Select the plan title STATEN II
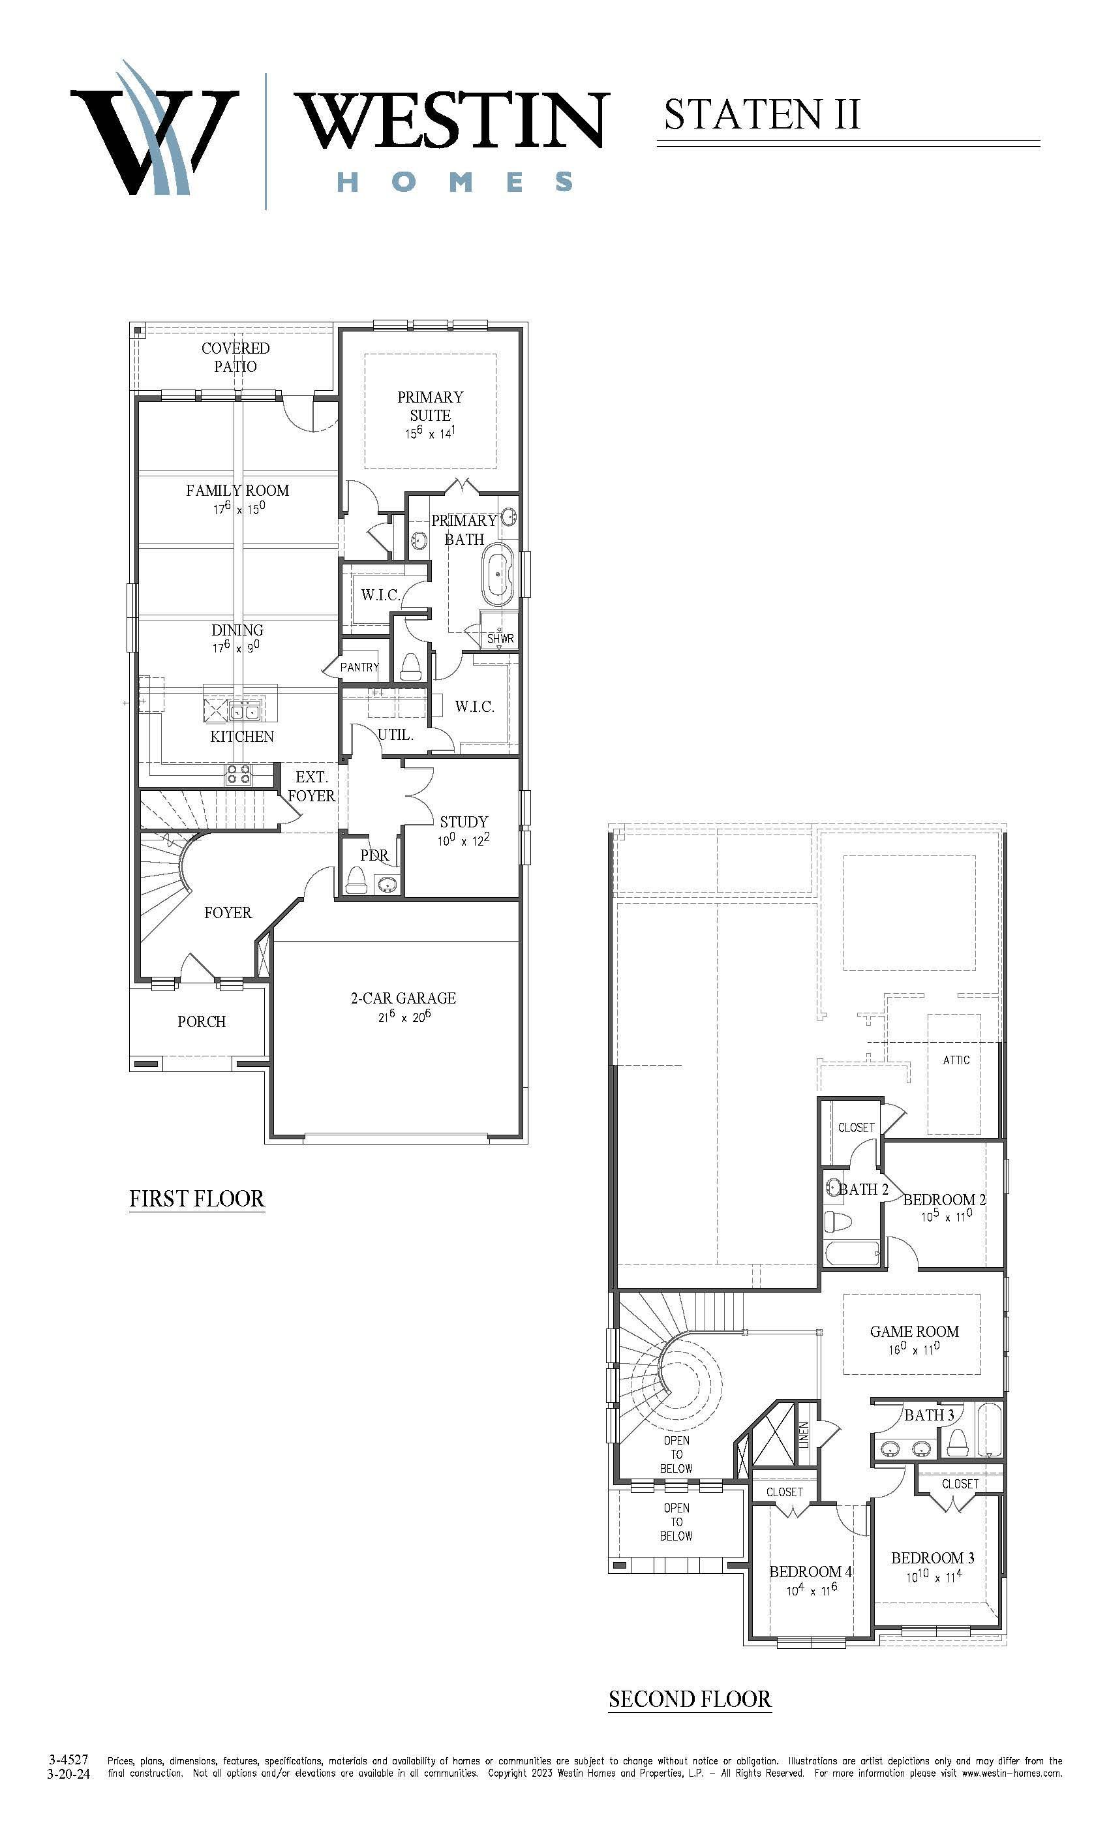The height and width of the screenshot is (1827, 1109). pos(762,114)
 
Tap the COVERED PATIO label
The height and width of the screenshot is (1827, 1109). pos(235,357)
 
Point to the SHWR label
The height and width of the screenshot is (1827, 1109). pos(500,638)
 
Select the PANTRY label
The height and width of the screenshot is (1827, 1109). pos(359,668)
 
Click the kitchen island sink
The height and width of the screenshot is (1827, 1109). pos(245,712)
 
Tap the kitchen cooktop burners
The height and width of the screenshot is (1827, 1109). pos(239,775)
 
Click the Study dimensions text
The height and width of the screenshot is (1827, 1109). pos(463,840)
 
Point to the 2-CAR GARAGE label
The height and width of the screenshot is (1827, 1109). pos(403,998)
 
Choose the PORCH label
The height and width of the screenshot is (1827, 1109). pos(202,1022)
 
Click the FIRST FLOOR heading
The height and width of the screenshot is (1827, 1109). pos(197,1199)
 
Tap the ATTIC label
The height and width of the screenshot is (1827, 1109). pos(956,1060)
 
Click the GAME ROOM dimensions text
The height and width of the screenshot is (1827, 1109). pos(915,1349)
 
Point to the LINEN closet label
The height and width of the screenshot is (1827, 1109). pos(804,1435)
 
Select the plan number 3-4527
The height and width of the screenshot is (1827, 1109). pos(69,1760)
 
